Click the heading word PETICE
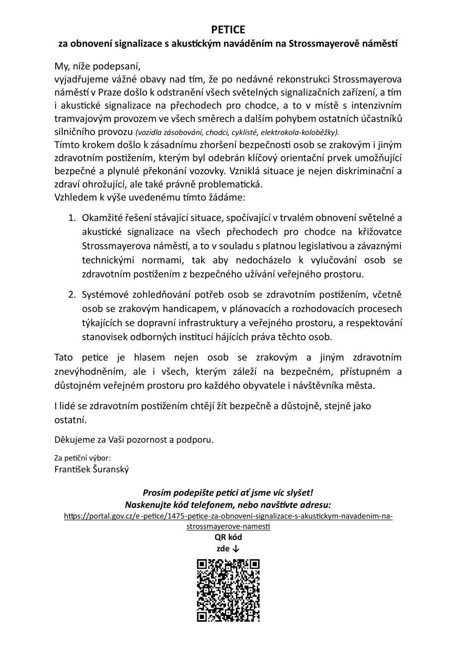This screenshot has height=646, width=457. [228, 30]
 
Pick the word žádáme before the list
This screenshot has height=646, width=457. [227, 197]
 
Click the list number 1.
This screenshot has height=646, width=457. [72, 217]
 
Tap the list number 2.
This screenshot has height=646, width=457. [72, 295]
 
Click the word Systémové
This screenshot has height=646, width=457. [106, 295]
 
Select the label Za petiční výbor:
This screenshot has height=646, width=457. [82, 458]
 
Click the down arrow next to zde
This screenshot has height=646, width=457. [236, 549]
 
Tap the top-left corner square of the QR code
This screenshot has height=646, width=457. [202, 564]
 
